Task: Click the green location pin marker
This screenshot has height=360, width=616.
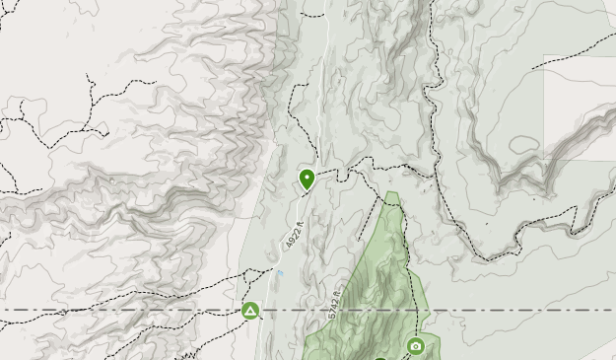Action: click(x=308, y=179)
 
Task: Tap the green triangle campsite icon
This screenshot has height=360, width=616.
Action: click(x=250, y=312)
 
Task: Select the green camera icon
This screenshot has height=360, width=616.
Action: click(x=416, y=346)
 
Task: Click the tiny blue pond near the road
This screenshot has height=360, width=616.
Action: click(x=281, y=273)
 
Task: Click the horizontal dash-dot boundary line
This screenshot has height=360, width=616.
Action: click(x=118, y=311)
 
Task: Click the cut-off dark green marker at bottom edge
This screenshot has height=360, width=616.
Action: click(x=380, y=357)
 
